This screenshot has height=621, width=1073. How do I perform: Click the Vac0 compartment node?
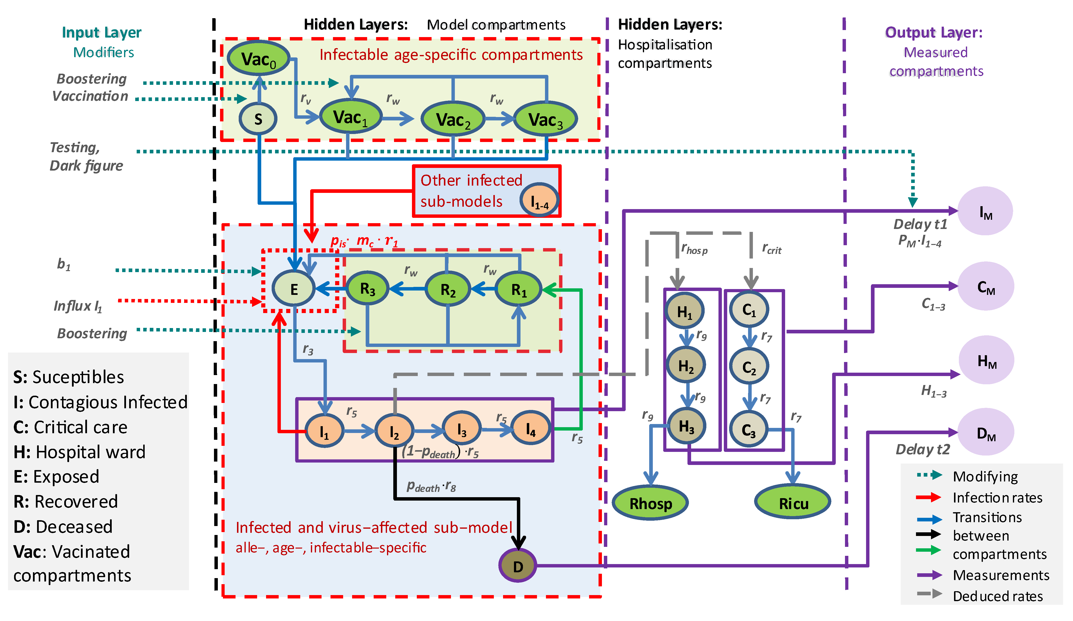click(x=259, y=58)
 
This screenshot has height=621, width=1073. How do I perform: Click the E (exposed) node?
click(x=293, y=289)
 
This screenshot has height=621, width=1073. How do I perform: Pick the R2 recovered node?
click(x=448, y=290)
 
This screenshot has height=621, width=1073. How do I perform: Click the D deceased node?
click(x=518, y=566)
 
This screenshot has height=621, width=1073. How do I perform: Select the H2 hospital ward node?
click(x=686, y=365)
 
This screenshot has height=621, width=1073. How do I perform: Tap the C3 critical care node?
click(x=749, y=430)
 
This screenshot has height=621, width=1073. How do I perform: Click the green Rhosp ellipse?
click(x=650, y=503)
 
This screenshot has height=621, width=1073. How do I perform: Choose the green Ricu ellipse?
click(x=793, y=503)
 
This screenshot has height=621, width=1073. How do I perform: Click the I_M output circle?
click(x=985, y=211)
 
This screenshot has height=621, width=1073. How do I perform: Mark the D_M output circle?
click(x=985, y=433)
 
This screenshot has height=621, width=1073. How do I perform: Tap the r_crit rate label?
click(x=772, y=249)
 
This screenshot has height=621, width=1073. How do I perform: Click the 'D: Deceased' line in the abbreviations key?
click(x=63, y=527)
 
